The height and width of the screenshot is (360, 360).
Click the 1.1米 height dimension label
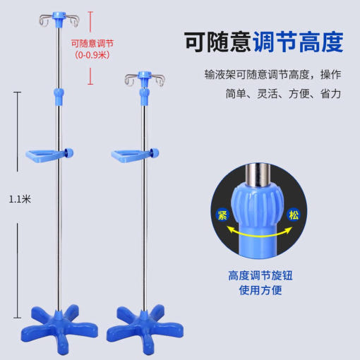coord(20,199)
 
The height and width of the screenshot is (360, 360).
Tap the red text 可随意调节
coord(92,43)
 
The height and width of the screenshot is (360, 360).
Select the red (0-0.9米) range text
coord(92,55)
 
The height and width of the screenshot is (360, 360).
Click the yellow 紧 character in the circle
coord(222,215)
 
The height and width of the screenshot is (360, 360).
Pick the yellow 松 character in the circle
coord(294,215)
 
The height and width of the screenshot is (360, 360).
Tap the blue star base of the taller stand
coord(59,329)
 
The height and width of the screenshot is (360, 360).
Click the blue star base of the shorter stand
coord(145,329)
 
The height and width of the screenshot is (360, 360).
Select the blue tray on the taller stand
coord(44,155)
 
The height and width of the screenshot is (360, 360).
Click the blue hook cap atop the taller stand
coord(59,18)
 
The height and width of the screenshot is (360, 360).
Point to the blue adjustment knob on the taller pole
coord(59,97)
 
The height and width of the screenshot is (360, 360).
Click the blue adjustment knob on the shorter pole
coord(144,97)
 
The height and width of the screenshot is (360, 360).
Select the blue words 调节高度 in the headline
coord(299,42)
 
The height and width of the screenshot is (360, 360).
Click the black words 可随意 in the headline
coord(218,42)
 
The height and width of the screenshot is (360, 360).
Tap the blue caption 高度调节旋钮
coord(260,275)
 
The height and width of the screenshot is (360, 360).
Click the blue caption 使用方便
coord(260,290)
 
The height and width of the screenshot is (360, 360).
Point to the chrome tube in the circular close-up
coord(258,175)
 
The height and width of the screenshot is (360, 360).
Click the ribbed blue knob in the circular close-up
coord(258,204)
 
